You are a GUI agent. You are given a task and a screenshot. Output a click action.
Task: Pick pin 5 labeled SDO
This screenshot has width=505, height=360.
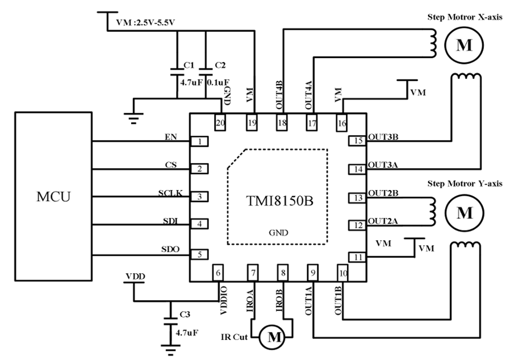tap(199, 254)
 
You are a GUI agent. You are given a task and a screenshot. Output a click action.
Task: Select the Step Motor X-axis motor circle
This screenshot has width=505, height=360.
tap(465, 46)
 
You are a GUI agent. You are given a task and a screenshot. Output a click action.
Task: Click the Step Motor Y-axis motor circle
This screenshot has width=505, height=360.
tap(465, 213)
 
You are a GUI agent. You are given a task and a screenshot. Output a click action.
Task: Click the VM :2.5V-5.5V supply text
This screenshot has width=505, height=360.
tap(145, 23)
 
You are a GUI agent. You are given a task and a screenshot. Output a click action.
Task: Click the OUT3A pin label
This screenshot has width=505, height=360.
tap(382, 164)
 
